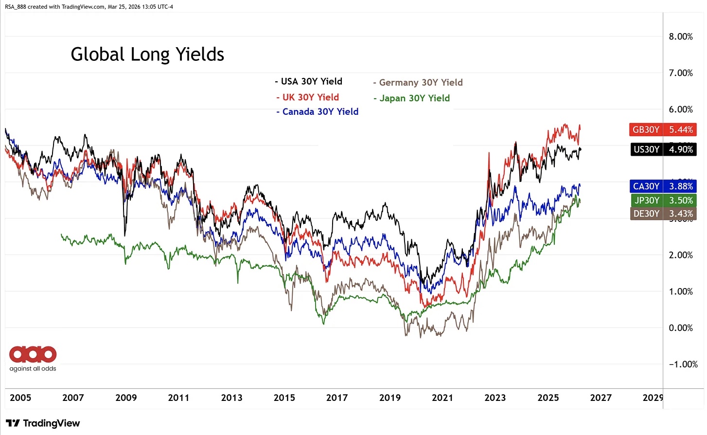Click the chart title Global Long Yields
(x=147, y=54)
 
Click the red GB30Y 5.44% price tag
(x=663, y=129)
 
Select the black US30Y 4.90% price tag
(x=663, y=149)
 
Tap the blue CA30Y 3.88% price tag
(x=663, y=186)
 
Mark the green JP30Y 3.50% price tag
(x=663, y=200)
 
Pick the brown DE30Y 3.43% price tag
(x=663, y=214)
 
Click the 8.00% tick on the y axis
(x=681, y=36)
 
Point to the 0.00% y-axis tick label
(x=681, y=328)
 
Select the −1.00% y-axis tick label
(x=683, y=364)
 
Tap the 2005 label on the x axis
(x=20, y=398)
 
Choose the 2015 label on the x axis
(x=284, y=398)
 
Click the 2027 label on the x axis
(x=601, y=398)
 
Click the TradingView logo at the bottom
(x=43, y=423)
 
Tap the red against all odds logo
(x=33, y=355)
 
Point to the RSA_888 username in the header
(x=15, y=7)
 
